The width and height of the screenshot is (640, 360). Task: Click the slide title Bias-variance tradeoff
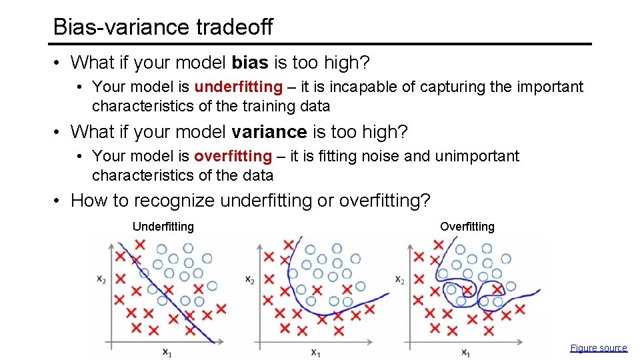tap(163, 27)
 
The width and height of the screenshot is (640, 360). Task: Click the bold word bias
tap(249, 63)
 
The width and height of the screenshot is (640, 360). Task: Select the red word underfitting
tap(238, 87)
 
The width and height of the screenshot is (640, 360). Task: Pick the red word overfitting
tap(233, 157)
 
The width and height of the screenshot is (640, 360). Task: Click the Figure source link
tap(598, 348)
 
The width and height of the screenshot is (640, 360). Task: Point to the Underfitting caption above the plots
tap(163, 227)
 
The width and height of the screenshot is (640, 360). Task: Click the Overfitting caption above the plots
tap(467, 227)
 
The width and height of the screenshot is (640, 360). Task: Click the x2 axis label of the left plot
tap(101, 279)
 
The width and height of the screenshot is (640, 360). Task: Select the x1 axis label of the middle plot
tap(315, 351)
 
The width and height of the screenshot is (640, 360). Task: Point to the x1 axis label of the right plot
tap(465, 351)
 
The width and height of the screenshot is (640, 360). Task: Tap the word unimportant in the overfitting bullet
tap(476, 157)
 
